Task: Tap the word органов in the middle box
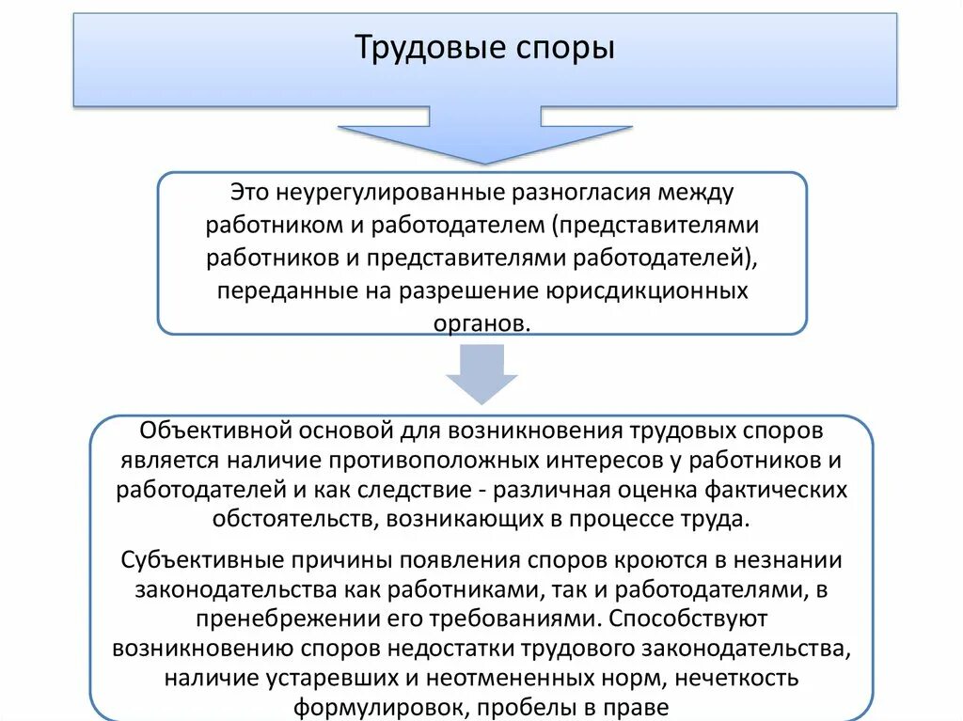[481, 322]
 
